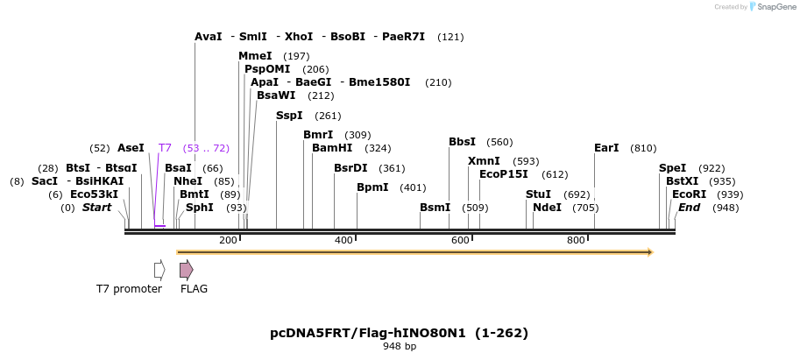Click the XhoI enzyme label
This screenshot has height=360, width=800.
click(298, 37)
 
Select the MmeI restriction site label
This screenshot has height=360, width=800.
click(255, 56)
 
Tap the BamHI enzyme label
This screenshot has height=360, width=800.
click(332, 148)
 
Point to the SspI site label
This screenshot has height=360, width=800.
click(289, 116)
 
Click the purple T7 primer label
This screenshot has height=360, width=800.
click(165, 148)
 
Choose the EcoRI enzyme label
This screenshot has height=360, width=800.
click(689, 194)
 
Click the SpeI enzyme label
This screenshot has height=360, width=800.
click(673, 168)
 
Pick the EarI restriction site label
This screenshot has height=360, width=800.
click(606, 148)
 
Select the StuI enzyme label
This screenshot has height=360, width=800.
click(538, 194)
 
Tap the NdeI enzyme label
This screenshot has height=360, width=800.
click(547, 208)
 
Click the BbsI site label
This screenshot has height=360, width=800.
click(462, 142)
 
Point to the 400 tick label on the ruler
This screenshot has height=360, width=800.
click(343, 240)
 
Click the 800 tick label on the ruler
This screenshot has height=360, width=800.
click(576, 240)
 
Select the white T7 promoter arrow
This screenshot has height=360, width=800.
click(159, 269)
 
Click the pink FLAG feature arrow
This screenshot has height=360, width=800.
click(186, 269)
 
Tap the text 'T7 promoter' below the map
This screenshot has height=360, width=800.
click(129, 289)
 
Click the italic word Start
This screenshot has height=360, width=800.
click(96, 208)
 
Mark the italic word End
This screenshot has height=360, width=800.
click(689, 208)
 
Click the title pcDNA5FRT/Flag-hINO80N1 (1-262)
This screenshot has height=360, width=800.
click(399, 333)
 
